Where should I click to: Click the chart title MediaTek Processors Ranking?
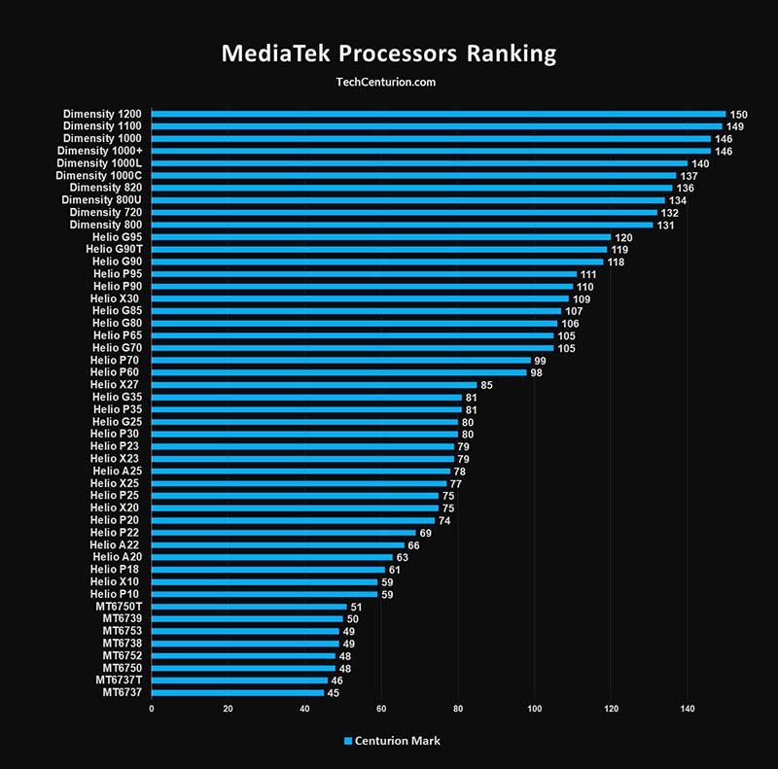(x=389, y=52)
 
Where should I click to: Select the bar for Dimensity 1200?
(x=439, y=114)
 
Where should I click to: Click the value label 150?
(x=740, y=114)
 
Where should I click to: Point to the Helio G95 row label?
(x=117, y=237)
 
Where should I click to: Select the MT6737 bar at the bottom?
(x=237, y=692)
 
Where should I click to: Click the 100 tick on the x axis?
(x=534, y=709)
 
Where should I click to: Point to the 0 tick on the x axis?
(x=152, y=709)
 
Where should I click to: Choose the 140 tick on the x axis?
(x=687, y=709)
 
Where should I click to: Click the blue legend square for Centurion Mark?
(x=348, y=741)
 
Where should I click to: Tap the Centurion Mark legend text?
(x=398, y=741)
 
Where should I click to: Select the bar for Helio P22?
(x=283, y=533)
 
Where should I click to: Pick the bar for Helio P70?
(x=340, y=361)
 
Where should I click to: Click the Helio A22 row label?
(x=116, y=544)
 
